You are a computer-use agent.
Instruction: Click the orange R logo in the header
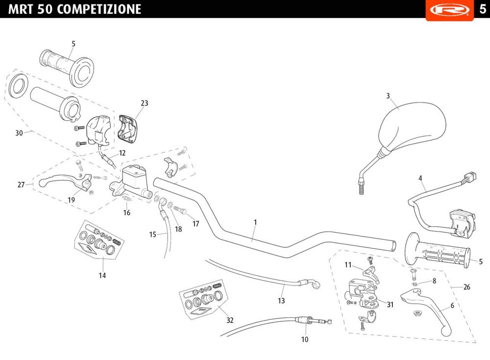coord(449,10)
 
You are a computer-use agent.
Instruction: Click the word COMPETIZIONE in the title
coord(99,9)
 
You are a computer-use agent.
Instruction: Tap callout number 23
coord(145,103)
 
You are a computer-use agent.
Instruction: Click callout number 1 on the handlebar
coord(255,222)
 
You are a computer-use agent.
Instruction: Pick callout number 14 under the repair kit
coord(102,276)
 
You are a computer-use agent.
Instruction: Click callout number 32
coord(230,320)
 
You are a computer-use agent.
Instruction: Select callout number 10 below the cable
coord(305,339)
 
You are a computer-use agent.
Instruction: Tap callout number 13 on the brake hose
coord(281,301)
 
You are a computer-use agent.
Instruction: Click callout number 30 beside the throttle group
coord(19,133)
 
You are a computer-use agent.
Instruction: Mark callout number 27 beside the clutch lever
coord(21,185)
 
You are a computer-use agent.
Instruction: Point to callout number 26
coord(466,287)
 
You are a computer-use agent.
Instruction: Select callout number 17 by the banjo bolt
coord(196,224)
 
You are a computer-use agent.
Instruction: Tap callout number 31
coord(390,304)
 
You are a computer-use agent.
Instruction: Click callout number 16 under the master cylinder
coord(126,213)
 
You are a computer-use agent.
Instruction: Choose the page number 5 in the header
coord(483,9)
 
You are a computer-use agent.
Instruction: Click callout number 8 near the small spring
coord(434,281)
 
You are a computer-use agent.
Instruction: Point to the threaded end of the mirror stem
coord(362,189)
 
